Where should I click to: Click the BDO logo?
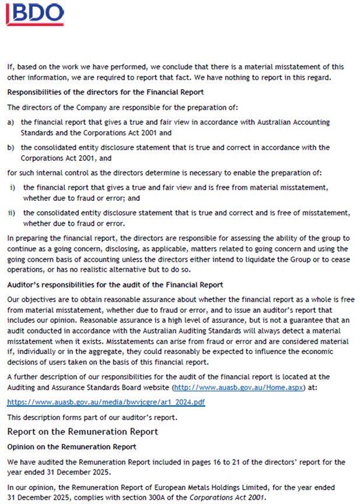(36, 13)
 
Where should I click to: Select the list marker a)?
(11, 122)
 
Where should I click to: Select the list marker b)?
(11, 148)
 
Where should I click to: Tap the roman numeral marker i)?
(12, 188)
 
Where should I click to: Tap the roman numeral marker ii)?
(12, 213)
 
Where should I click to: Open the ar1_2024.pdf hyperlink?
(106, 402)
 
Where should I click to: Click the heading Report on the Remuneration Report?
(82, 432)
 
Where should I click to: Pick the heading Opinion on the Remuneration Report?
(71, 446)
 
